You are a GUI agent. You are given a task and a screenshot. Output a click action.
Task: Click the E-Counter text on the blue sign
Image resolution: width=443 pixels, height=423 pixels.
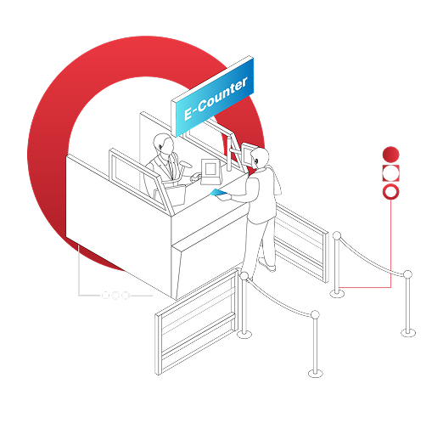point(216,99)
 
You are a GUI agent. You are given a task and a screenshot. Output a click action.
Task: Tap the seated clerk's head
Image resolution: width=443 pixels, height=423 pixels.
point(164,144)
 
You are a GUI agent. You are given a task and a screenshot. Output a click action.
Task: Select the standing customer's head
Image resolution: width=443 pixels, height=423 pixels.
point(260,158)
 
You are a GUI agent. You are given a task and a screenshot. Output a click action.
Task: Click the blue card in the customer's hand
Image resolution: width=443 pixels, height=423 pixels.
point(218,193)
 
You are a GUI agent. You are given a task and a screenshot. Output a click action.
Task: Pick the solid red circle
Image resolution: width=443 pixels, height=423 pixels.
point(390,155)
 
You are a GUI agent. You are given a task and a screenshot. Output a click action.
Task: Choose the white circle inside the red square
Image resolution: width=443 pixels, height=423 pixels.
point(390,173)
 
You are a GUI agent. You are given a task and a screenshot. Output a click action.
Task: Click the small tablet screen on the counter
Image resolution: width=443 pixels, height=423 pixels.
point(210,172)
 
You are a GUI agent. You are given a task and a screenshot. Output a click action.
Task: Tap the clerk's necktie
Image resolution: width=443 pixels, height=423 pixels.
point(171,167)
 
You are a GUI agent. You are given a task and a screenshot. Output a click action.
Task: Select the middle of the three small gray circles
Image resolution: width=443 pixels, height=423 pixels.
point(115,296)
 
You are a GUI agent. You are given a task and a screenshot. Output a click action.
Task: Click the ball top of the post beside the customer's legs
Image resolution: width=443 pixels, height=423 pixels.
point(244,275)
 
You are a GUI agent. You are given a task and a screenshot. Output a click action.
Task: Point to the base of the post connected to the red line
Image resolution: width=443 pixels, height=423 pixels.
point(337,293)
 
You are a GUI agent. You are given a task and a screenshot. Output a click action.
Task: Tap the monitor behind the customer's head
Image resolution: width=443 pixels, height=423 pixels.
point(247,154)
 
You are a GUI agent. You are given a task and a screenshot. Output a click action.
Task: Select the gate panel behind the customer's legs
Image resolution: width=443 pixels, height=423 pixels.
point(301,242)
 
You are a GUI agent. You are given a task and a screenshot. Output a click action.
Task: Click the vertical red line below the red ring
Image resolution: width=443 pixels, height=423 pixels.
point(391,244)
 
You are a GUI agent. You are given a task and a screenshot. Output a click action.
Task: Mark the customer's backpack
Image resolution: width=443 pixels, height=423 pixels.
point(277,180)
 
